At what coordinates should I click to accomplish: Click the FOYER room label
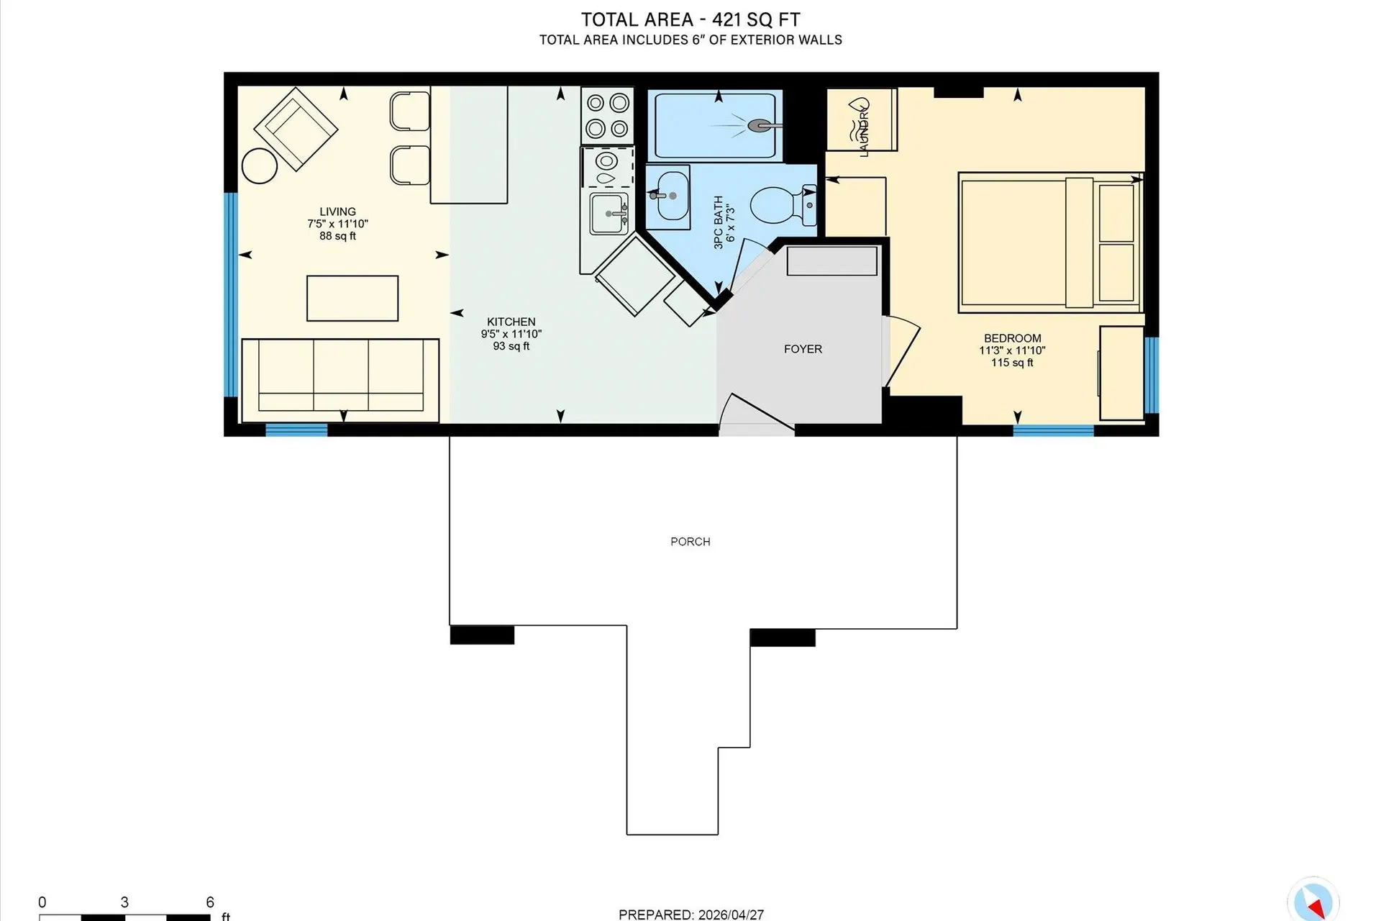coord(803,349)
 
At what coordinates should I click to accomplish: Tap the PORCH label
coord(690,542)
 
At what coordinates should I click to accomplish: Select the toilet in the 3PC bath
coord(778,205)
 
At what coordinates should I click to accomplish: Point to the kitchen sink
coord(609,214)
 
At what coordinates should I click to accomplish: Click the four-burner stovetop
coord(607,116)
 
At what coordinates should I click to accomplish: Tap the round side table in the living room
coord(260,166)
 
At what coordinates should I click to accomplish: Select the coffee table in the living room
coord(352,298)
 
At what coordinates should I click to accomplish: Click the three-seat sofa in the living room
coord(340,380)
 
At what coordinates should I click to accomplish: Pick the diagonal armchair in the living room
coord(296,130)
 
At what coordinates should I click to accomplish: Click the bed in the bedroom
coord(1050,243)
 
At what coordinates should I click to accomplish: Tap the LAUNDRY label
coord(864,132)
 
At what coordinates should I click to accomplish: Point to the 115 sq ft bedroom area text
coord(1012,363)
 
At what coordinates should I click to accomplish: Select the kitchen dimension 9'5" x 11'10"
coord(511,334)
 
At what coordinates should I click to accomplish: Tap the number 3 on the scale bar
coord(124,902)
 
